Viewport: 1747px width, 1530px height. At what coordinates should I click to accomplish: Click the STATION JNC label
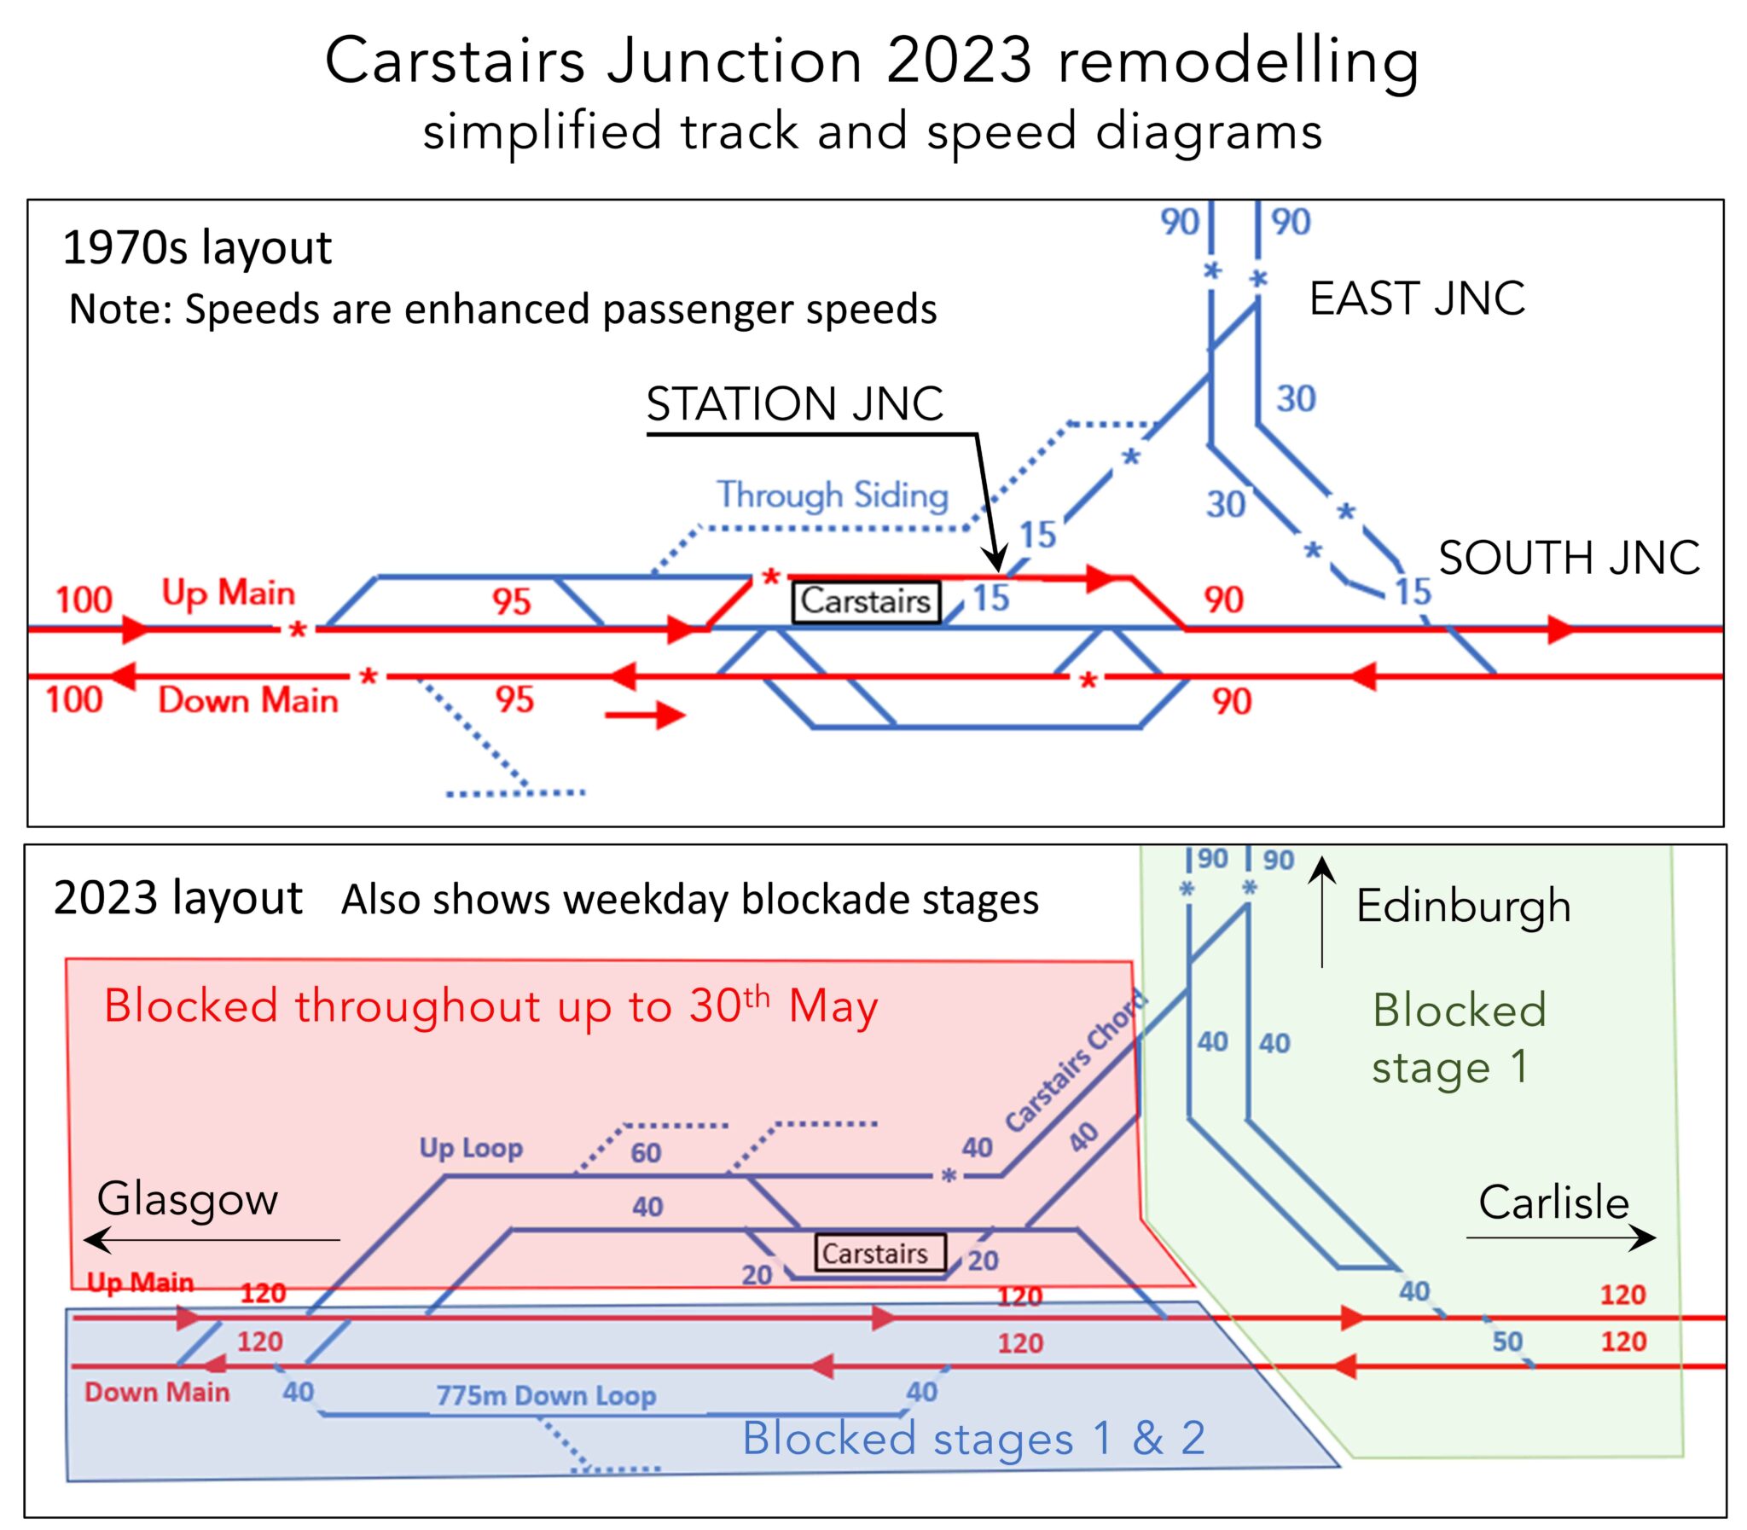click(x=794, y=404)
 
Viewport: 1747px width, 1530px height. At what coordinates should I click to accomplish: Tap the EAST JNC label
click(x=1417, y=298)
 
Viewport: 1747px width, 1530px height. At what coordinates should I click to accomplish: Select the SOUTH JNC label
click(x=1569, y=559)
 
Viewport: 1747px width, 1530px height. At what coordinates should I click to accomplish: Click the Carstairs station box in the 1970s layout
click(x=866, y=601)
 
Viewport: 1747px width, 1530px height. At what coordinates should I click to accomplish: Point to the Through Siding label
click(x=833, y=496)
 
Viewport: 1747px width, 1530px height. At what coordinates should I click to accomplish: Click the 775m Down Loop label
click(x=547, y=1395)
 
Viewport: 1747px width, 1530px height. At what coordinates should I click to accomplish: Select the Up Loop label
click(x=471, y=1149)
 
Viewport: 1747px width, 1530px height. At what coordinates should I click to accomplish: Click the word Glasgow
click(x=187, y=1199)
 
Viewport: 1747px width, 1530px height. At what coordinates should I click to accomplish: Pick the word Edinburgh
click(x=1464, y=906)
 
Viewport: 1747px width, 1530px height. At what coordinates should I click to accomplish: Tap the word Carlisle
click(x=1554, y=1203)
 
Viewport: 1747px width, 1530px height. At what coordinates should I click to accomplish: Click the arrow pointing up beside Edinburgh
click(x=1322, y=910)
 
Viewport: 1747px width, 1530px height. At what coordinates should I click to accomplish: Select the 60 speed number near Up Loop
click(x=646, y=1154)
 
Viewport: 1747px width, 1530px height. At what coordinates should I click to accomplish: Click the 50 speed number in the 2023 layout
click(x=1507, y=1342)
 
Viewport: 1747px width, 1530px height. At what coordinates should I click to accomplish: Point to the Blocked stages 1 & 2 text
click(x=973, y=1438)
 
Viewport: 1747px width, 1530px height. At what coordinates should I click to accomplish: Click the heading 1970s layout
click(x=196, y=248)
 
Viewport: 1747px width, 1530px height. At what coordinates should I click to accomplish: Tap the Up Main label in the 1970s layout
click(x=228, y=593)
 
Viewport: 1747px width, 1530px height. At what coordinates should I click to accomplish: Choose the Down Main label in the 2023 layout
click(x=157, y=1393)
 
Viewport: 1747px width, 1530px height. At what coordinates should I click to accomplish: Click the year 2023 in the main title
click(x=959, y=61)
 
